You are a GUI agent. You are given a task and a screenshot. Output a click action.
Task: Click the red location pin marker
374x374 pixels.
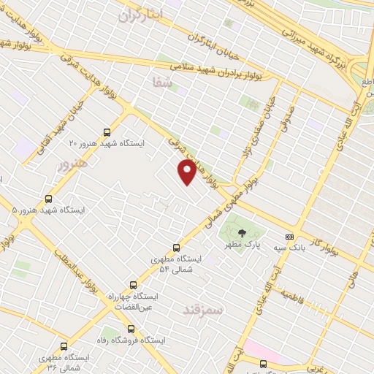tap(187, 171)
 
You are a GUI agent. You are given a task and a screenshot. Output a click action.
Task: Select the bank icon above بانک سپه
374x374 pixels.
tap(290, 237)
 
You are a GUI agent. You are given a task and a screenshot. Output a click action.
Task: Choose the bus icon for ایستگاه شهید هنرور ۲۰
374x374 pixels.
tap(108, 132)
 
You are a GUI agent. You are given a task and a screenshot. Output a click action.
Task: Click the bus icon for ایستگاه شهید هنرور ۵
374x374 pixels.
tap(49, 198)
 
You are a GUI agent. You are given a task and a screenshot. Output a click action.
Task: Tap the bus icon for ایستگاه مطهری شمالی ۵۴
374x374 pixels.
tap(175, 248)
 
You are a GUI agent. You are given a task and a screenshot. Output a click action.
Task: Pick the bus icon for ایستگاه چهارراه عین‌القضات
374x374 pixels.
tap(132, 285)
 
